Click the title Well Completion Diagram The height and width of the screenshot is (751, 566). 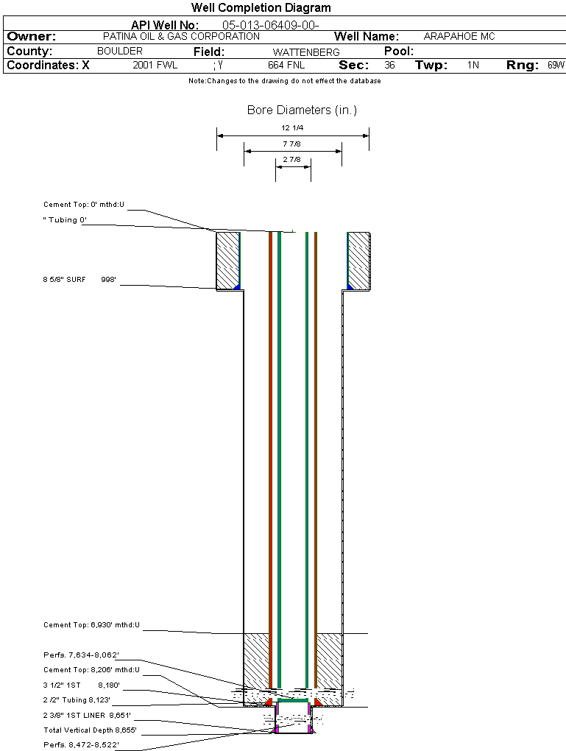(261, 7)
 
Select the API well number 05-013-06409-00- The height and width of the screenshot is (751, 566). (271, 25)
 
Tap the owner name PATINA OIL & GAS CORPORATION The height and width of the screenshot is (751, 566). (182, 36)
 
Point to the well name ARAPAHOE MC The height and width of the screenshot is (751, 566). (459, 36)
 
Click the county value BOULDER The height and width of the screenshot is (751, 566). (120, 51)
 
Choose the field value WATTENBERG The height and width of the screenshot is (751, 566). (306, 52)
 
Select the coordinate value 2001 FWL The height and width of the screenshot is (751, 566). (155, 65)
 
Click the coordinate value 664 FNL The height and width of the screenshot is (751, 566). (286, 65)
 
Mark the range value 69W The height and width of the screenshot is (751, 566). (556, 65)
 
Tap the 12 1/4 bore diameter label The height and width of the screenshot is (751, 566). (292, 128)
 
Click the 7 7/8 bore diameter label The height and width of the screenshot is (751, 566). (291, 144)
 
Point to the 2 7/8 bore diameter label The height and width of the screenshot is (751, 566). (291, 160)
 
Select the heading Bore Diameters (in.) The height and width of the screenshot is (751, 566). (303, 110)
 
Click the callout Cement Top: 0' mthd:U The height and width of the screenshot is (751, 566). (84, 205)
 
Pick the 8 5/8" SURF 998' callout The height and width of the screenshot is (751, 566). (79, 279)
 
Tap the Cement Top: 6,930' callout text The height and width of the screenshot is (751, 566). (91, 625)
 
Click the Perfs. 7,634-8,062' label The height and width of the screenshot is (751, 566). (81, 655)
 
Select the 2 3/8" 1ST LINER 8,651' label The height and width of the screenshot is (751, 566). (87, 715)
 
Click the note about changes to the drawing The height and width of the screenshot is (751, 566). (285, 81)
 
